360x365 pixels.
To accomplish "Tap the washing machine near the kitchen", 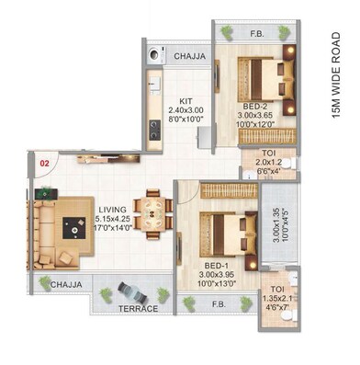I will pyautogui.click(x=152, y=55).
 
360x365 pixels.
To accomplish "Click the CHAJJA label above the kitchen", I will pyautogui.click(x=189, y=55).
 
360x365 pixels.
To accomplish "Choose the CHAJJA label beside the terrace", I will pyautogui.click(x=64, y=285).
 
